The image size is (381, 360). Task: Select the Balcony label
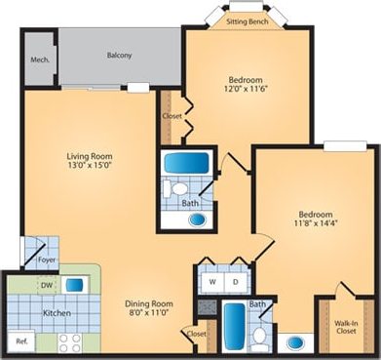120,55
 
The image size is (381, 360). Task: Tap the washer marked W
212,282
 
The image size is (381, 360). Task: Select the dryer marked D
235,282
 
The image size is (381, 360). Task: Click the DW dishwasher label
46,285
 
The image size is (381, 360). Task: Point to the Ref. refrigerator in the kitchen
21,340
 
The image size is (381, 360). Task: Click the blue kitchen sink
74,284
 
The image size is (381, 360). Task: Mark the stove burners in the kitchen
69,341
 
